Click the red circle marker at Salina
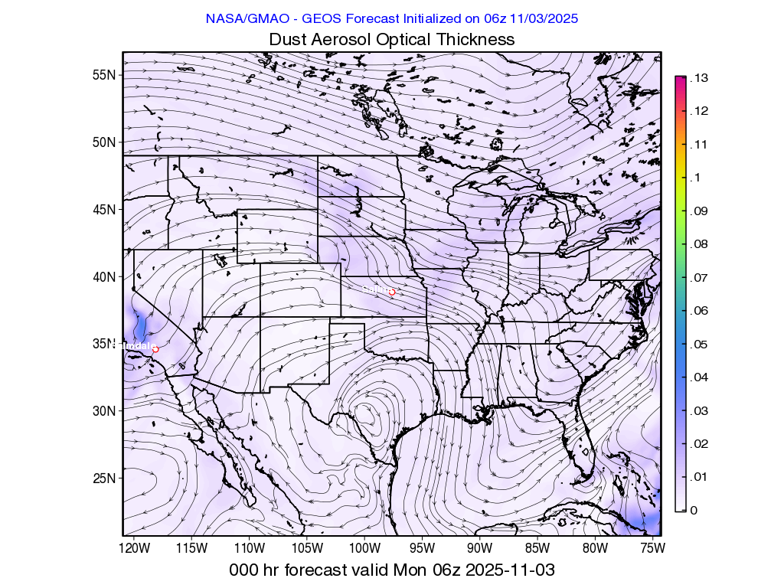tap(392, 292)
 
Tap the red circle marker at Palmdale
tap(155, 349)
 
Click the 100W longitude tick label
tap(364, 548)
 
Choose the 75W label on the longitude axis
tap(652, 548)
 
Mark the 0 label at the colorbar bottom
tap(694, 510)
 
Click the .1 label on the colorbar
tap(694, 178)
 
